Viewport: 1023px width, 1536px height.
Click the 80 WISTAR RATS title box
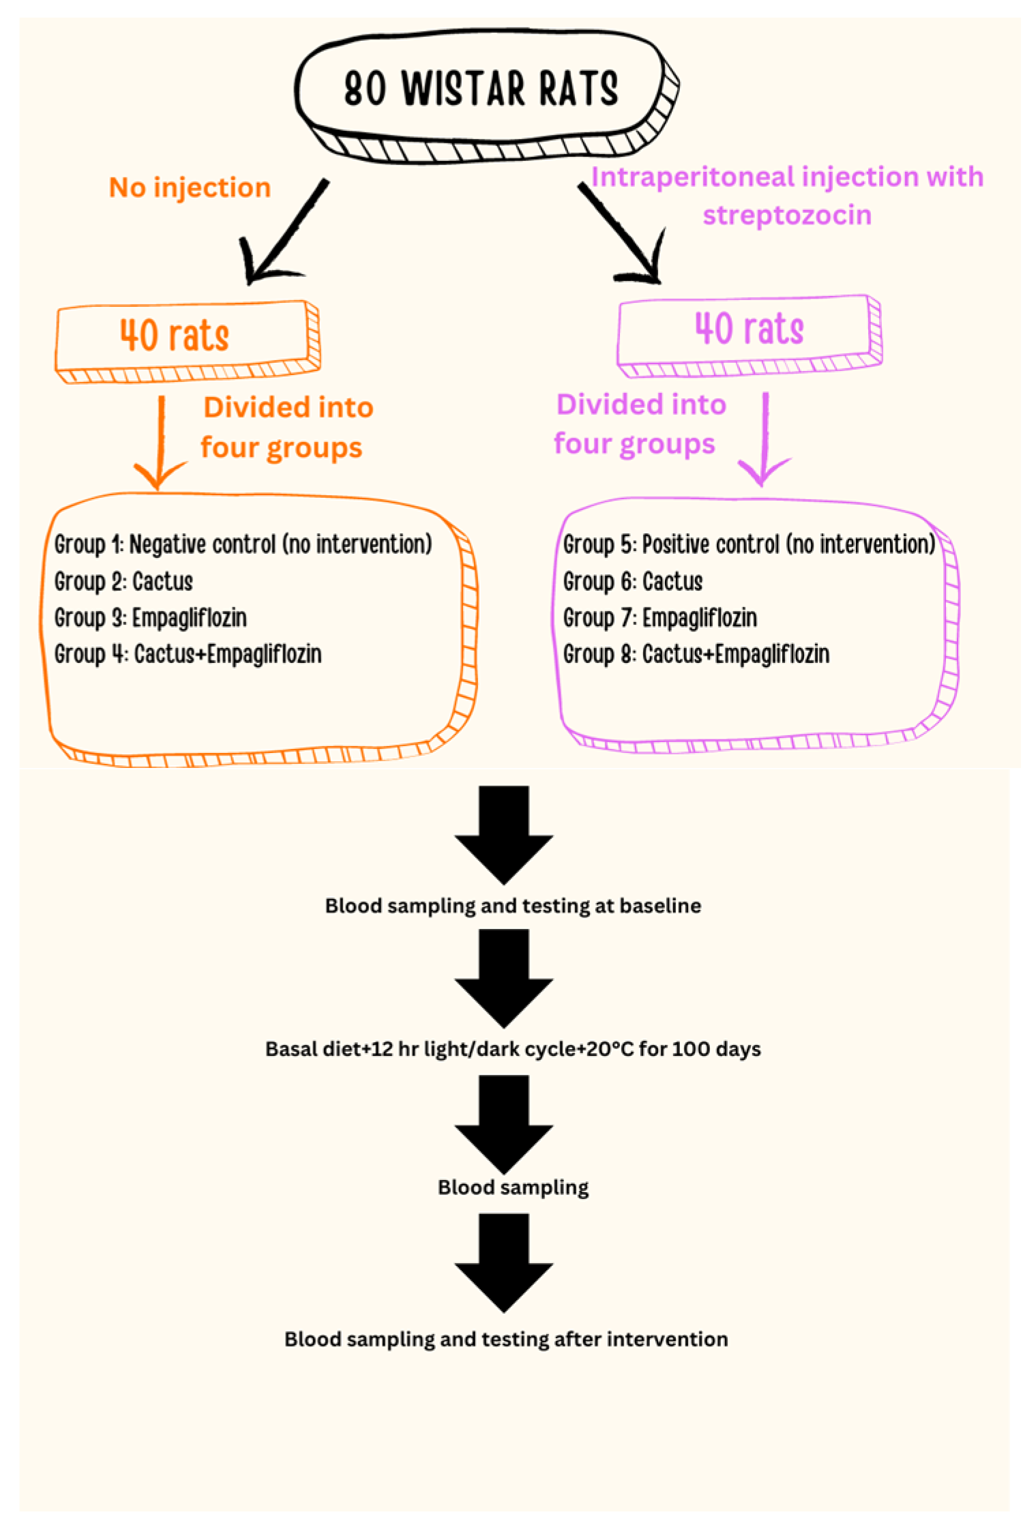pyautogui.click(x=481, y=89)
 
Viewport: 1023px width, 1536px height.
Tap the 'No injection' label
pyautogui.click(x=190, y=188)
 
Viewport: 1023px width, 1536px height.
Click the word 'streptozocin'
pyautogui.click(x=786, y=215)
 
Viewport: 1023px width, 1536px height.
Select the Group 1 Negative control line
pyautogui.click(x=243, y=544)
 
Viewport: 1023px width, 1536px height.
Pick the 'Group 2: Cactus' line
pyautogui.click(x=123, y=581)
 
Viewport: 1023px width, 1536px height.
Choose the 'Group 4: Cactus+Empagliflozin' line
pyautogui.click(x=188, y=653)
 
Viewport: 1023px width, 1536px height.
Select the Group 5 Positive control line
pyautogui.click(x=748, y=544)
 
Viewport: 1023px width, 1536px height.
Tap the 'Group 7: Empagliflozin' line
pyautogui.click(x=659, y=617)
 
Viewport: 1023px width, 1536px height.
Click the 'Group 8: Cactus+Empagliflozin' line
pyautogui.click(x=696, y=653)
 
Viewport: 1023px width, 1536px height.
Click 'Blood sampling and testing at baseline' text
pyautogui.click(x=513, y=905)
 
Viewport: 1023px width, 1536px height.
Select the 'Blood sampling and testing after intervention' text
pyautogui.click(x=506, y=1338)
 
